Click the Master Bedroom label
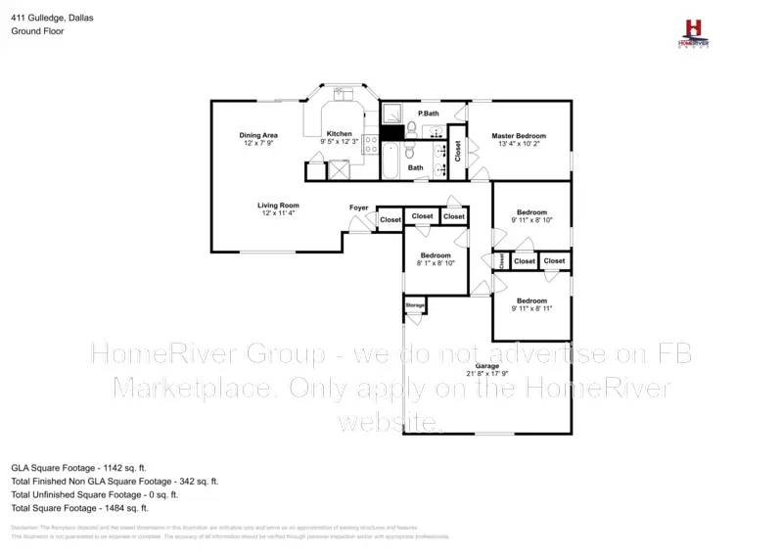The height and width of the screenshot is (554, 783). click(519, 136)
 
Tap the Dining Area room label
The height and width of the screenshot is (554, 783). click(258, 134)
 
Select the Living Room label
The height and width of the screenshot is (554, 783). click(278, 206)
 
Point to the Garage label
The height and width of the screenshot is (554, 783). click(487, 366)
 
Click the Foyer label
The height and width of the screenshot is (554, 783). click(359, 208)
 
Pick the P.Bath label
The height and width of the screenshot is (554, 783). click(428, 115)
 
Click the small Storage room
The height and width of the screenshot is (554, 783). click(415, 306)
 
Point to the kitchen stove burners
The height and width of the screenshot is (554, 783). click(371, 145)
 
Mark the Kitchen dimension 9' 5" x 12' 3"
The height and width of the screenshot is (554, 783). click(340, 143)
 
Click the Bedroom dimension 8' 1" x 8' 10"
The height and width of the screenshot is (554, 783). click(435, 263)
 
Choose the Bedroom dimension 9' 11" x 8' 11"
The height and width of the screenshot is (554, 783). click(531, 308)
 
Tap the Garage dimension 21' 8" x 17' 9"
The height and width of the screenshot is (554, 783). click(487, 374)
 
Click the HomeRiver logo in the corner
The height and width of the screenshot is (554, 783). click(693, 31)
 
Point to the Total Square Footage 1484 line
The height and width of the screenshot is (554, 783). click(79, 508)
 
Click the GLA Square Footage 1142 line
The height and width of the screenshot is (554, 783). click(78, 468)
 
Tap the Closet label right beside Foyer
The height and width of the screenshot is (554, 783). click(391, 220)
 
